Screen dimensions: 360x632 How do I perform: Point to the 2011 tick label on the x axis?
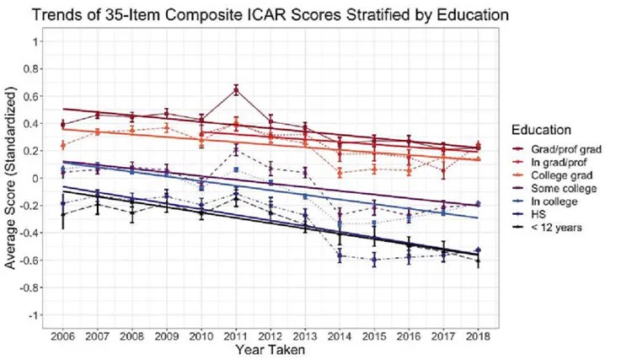pyautogui.click(x=237, y=335)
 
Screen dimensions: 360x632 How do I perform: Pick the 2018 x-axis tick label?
pyautogui.click(x=479, y=335)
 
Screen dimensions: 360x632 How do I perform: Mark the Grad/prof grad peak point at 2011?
pyautogui.click(x=237, y=89)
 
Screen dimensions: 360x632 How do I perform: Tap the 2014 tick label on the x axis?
pyautogui.click(x=340, y=335)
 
